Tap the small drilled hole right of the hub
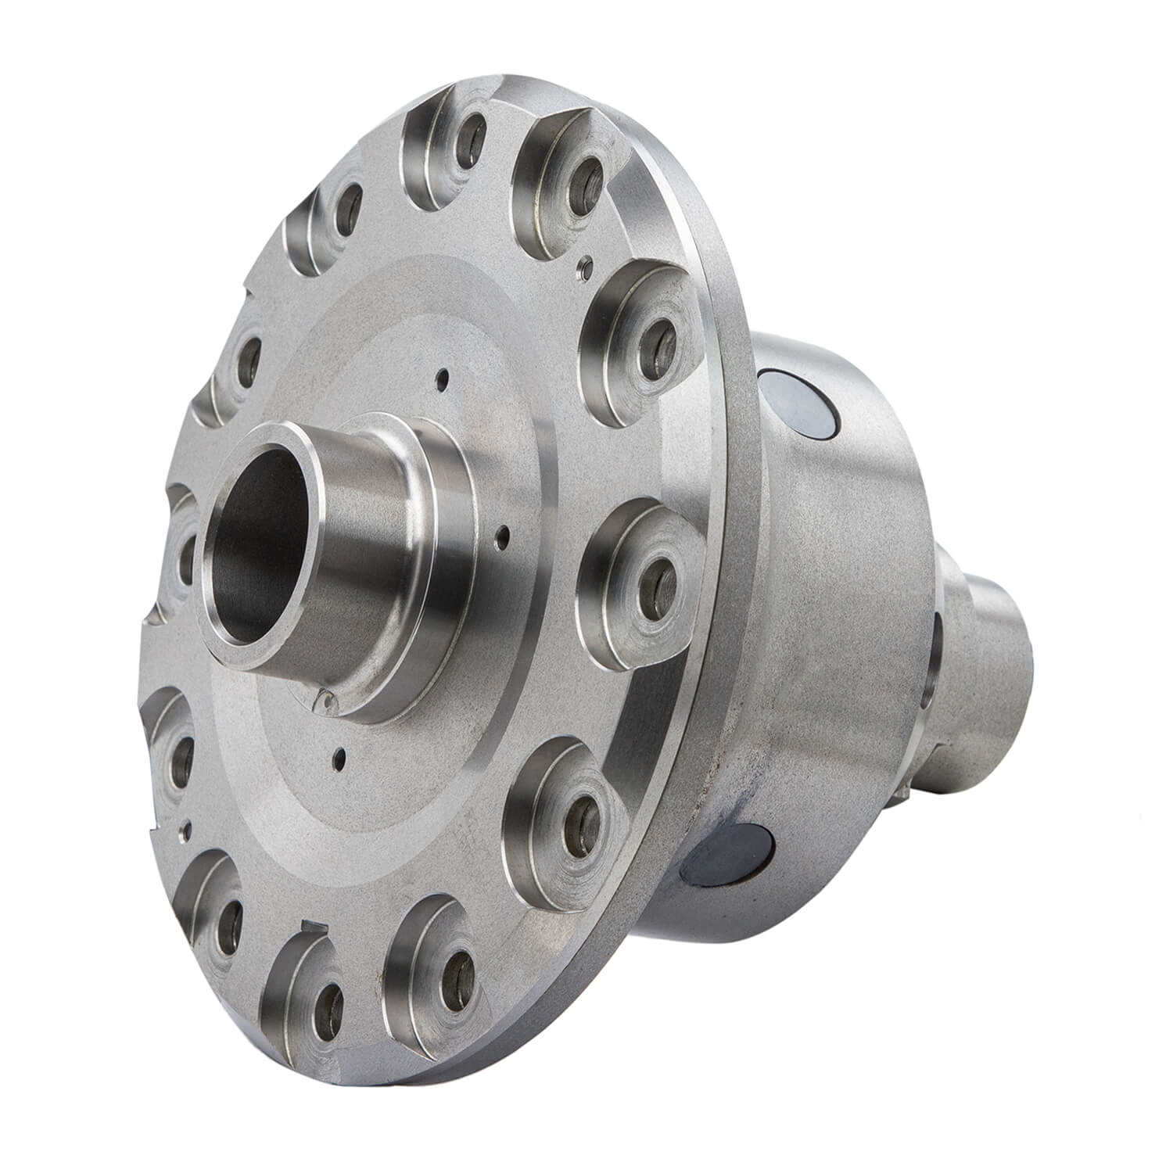(x=503, y=538)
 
